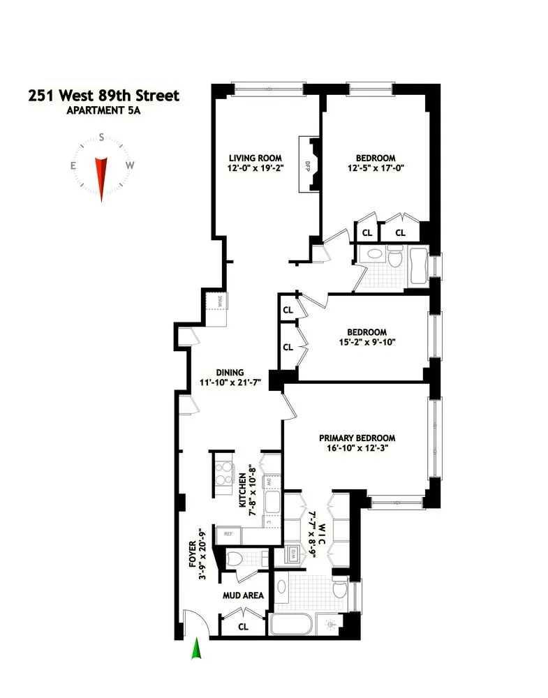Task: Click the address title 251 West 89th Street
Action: point(103,95)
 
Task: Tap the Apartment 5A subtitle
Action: point(103,110)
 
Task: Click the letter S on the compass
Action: point(102,138)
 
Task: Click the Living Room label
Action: point(250,158)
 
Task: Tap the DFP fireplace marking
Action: point(306,166)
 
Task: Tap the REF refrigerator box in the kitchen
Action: point(228,534)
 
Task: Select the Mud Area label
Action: point(243,595)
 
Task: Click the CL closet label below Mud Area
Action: point(243,626)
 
